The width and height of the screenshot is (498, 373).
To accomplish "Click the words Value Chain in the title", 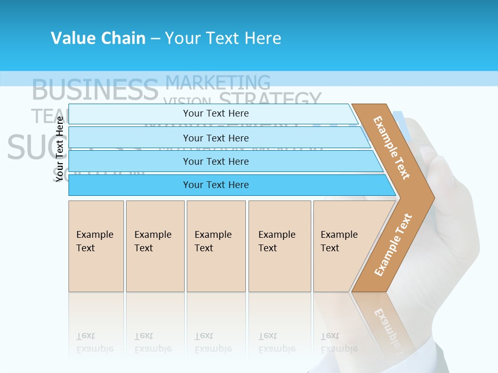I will point(98,38).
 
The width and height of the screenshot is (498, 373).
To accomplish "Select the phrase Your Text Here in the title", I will point(223,38).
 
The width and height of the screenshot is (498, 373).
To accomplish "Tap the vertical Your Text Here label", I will point(60,149).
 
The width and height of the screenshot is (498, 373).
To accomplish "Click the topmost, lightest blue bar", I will point(215,113).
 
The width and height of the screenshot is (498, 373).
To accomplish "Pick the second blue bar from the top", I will point(215,138).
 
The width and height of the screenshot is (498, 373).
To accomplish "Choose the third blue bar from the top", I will point(215,161).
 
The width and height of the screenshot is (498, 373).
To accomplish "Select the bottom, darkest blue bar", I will point(215,185).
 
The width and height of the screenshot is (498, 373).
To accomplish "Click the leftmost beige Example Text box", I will point(96,246).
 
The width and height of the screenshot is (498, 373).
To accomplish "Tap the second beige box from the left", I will point(155,246).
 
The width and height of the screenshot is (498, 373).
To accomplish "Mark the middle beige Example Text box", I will point(216,246).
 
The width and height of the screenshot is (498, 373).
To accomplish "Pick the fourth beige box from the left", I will point(280,246).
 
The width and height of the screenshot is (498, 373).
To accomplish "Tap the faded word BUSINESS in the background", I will point(94,90).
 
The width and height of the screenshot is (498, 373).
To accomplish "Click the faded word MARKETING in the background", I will point(218,82).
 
